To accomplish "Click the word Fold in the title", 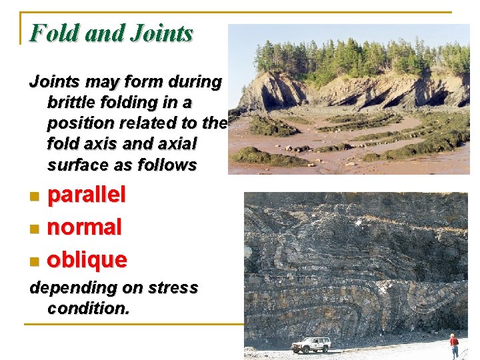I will click(54, 33).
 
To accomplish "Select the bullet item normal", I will click(85, 227).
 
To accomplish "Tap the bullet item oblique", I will click(87, 259).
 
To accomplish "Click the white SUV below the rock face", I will click(311, 344).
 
